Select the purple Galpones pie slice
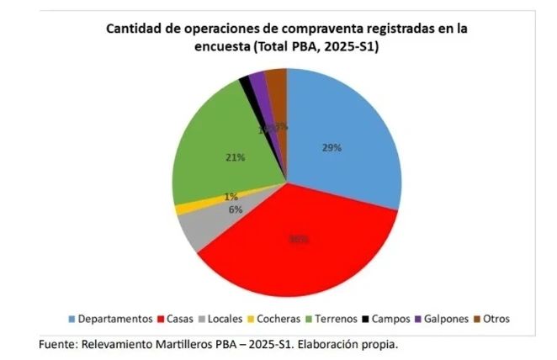coord(257,84)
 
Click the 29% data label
coord(331,147)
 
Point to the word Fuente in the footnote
coord(58,344)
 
